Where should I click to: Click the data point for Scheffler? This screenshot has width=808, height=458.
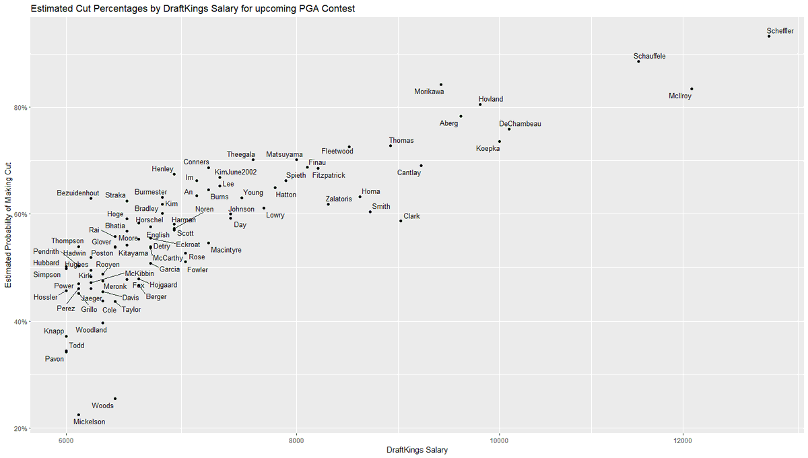769,36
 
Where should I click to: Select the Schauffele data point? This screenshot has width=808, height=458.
638,61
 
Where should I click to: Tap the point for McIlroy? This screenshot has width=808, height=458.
692,89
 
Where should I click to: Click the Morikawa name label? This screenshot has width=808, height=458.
429,92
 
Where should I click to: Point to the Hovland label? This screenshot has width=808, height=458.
491,99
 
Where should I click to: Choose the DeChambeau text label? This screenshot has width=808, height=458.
520,124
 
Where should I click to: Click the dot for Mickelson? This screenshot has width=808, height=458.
79,415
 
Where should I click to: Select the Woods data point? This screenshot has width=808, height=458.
115,399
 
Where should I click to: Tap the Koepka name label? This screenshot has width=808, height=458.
487,149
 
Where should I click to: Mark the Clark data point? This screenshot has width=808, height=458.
401,221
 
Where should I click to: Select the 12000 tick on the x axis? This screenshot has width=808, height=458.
683,440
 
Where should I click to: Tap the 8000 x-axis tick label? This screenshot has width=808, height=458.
297,440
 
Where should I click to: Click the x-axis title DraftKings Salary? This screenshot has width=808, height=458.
417,451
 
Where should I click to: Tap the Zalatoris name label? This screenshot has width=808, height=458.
339,199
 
